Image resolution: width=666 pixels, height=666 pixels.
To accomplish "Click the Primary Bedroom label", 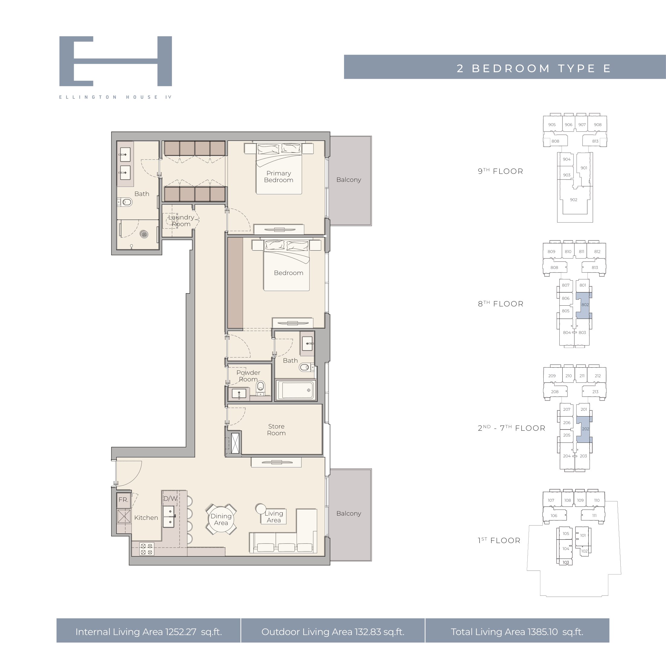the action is pyautogui.click(x=278, y=176).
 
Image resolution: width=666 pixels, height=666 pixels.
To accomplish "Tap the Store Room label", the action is pyautogui.click(x=276, y=430).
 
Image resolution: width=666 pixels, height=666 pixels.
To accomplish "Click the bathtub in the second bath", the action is pyautogui.click(x=296, y=390).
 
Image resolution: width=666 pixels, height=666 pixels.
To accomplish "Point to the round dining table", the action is pyautogui.click(x=221, y=519).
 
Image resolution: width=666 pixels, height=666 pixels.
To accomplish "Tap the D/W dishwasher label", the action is pyautogui.click(x=170, y=498).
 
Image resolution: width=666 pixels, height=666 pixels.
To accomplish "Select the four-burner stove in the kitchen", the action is pyautogui.click(x=146, y=549).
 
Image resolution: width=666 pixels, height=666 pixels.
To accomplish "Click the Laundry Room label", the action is pyautogui.click(x=181, y=220).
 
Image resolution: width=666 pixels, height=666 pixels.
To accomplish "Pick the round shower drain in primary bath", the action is pyautogui.click(x=144, y=234).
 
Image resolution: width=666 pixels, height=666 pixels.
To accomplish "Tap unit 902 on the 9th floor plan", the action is pyautogui.click(x=574, y=200).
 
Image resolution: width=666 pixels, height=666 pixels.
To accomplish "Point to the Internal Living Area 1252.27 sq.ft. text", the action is pyautogui.click(x=149, y=632).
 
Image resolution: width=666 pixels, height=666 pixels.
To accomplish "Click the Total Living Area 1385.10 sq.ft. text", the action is pyautogui.click(x=517, y=632).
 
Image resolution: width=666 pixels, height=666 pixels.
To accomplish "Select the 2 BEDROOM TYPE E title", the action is pyautogui.click(x=534, y=68).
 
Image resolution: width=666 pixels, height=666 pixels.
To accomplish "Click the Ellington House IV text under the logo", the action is pyautogui.click(x=115, y=97).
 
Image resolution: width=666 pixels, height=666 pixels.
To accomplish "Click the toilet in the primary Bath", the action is pyautogui.click(x=125, y=202).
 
